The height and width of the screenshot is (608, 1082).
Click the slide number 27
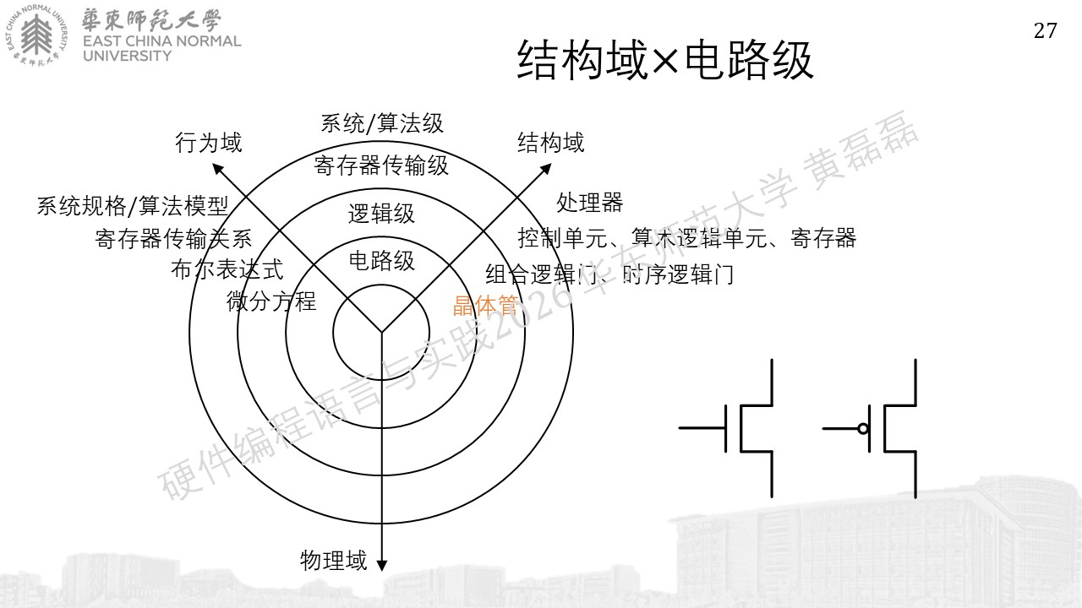coord(1046,31)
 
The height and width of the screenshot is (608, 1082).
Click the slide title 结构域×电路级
coord(665,60)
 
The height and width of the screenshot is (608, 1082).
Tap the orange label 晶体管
coord(486,306)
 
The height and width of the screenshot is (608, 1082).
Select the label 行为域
coord(208,143)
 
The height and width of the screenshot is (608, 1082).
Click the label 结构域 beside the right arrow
coord(550,143)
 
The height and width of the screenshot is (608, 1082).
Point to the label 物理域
coord(334,561)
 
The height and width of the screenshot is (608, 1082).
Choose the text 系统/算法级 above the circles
coord(382,123)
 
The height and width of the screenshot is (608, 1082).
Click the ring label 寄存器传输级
coord(381,166)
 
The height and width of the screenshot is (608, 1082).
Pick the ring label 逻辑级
coord(381,214)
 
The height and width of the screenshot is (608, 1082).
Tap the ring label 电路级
coord(381,261)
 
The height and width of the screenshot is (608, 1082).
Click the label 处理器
coord(589,203)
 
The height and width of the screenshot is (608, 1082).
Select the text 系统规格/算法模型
coord(133,206)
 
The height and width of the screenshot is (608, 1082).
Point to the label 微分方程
coord(271,301)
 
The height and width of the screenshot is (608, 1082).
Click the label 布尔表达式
coord(227,269)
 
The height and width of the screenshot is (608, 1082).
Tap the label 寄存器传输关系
coord(173,238)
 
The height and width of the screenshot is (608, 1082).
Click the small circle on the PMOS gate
coord(863,428)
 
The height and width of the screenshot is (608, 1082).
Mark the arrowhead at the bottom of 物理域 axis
coord(381,566)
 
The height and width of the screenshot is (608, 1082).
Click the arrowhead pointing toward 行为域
coord(217,168)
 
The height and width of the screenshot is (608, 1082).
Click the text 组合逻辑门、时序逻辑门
coord(609,275)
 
